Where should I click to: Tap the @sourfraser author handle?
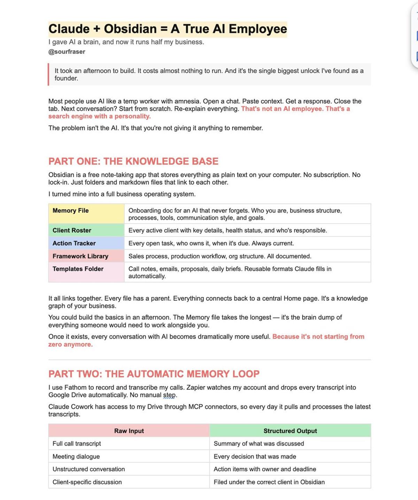[67, 52]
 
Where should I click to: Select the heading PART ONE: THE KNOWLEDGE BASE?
[133, 161]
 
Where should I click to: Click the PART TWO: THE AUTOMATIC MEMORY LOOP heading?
[154, 374]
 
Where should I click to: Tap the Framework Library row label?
[80, 256]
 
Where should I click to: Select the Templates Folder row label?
[78, 269]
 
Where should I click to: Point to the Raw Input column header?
[129, 431]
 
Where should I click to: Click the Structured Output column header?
[290, 431]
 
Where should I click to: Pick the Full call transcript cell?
[77, 444]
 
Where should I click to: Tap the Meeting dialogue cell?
[76, 456]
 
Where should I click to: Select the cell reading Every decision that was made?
[255, 456]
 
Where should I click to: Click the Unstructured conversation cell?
[88, 469]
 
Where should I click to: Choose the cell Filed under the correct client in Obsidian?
[269, 482]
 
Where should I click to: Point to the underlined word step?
[169, 395]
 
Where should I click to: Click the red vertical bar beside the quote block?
[48, 74]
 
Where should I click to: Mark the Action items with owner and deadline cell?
[265, 469]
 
